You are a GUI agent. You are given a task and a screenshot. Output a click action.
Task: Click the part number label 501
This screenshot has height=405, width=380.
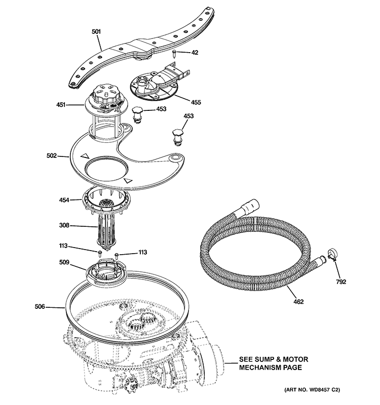[x=96, y=31]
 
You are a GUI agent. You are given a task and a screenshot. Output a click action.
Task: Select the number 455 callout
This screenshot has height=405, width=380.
[x=196, y=102]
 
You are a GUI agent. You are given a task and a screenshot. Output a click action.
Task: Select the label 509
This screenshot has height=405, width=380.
[x=64, y=263]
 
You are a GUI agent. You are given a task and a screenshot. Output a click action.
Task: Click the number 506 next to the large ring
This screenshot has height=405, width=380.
[x=40, y=306]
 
